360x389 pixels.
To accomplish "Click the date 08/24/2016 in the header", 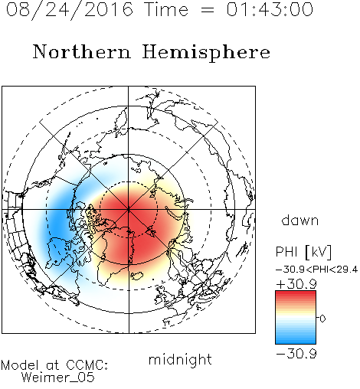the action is coord(70,10).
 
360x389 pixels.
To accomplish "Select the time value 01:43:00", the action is coord(270,9).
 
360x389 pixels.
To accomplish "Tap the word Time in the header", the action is coord(166,9).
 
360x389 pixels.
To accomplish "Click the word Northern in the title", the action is coord(82,51).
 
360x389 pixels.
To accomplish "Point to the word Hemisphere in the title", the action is coord(206,53).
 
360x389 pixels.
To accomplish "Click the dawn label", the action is coord(300,220).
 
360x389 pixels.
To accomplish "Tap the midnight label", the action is coord(180,359).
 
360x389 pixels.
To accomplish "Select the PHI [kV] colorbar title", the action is coord(303,252).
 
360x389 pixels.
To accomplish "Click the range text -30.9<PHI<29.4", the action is coord(317,270).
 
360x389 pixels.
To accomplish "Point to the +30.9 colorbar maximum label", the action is coord(296,284).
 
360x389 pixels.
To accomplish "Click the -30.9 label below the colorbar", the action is coord(296,354).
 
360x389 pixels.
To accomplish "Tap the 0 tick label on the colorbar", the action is coord(322,319).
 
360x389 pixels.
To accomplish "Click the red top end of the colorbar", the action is coord(296,293).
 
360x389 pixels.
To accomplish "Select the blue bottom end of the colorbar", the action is coord(296,342).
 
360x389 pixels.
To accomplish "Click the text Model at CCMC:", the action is coord(54,365).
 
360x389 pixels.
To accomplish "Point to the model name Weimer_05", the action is coord(58,378).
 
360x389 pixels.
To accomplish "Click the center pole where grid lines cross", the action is coord(129,209).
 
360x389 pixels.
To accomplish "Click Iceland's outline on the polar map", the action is coord(137,276).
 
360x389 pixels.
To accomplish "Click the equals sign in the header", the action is coord(208,10).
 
